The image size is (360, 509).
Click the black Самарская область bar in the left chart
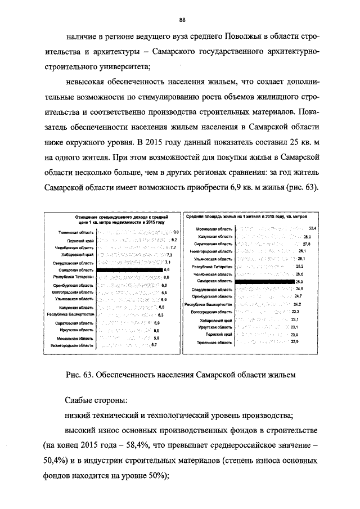coord(129,270)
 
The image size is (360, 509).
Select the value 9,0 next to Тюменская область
coord(175,232)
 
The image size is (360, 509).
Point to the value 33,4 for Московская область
coord(313,228)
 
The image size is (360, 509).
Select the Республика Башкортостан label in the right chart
coord(209,304)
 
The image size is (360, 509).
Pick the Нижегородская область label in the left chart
coord(71,346)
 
